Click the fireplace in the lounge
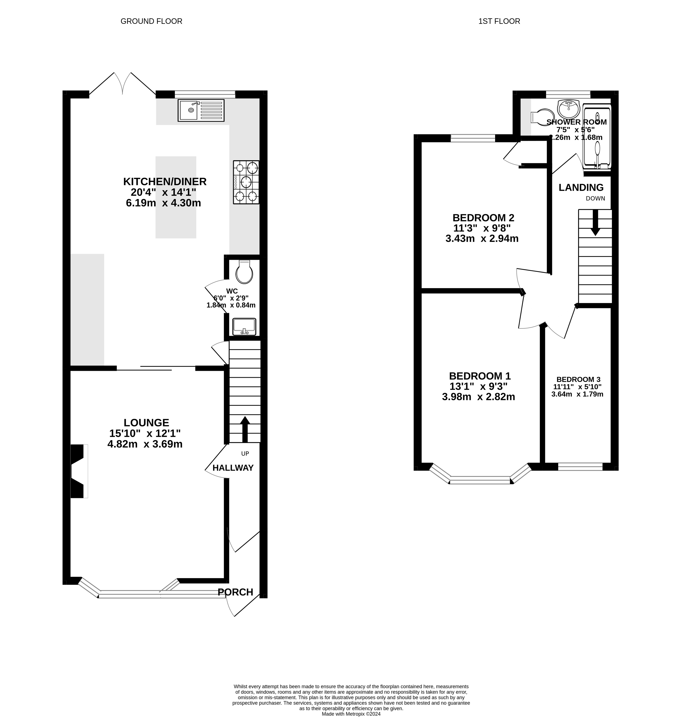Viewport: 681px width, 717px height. (78, 471)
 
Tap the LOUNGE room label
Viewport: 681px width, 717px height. (146, 422)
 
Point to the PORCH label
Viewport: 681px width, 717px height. (235, 592)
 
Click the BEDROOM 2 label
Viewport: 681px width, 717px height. (483, 218)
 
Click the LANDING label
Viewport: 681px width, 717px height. (581, 187)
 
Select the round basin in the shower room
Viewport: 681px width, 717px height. (568, 107)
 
